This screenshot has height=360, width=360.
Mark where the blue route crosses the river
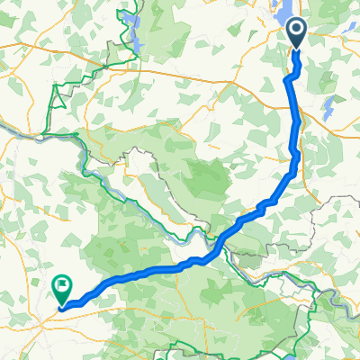tap(219, 243)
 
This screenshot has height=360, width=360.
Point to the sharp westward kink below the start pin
tap(288, 79)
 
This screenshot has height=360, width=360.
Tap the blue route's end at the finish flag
tap(62, 306)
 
